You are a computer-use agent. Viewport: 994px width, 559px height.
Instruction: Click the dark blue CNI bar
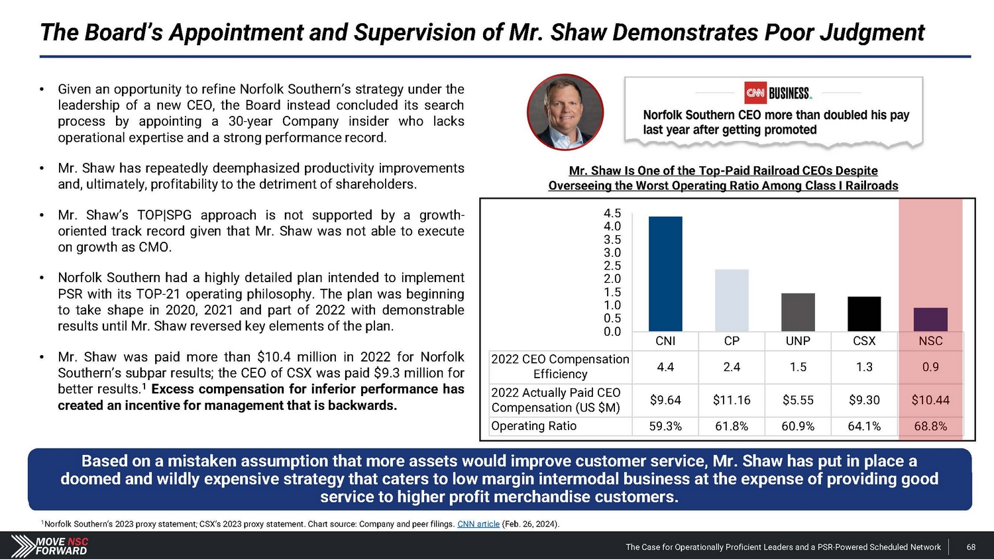[x=665, y=274]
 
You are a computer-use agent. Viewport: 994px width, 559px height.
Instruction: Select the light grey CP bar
[x=732, y=300]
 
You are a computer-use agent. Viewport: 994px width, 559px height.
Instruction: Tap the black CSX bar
[x=864, y=314]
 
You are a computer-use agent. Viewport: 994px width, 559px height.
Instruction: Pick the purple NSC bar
[x=930, y=319]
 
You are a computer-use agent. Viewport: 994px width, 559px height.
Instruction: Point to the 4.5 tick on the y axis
[x=612, y=213]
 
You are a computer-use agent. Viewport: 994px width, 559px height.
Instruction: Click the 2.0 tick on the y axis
[x=612, y=279]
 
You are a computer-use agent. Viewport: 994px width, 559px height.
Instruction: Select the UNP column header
[x=798, y=341]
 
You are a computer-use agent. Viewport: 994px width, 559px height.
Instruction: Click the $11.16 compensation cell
[x=732, y=400]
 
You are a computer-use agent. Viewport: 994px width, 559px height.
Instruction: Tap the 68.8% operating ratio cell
[x=930, y=427]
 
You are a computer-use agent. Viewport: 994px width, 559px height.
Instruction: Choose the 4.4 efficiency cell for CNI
[x=665, y=367]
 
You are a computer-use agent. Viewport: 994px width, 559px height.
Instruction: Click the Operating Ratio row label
[x=534, y=427]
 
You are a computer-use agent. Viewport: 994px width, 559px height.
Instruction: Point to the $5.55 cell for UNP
[x=798, y=400]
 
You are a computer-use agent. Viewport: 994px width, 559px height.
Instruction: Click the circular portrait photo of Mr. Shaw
[x=565, y=112]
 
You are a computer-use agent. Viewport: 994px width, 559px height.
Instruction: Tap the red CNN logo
[x=755, y=93]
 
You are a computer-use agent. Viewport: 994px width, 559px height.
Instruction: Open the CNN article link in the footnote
[x=478, y=524]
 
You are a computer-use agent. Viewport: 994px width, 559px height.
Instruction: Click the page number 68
[x=971, y=547]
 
